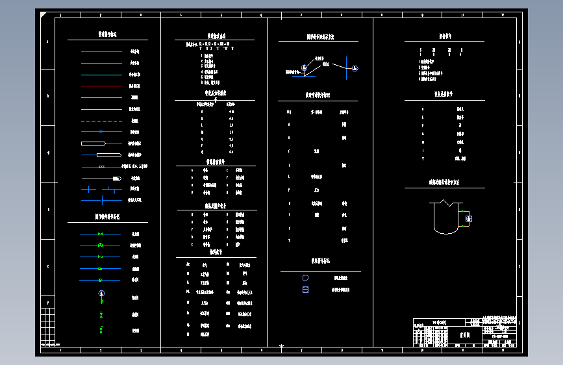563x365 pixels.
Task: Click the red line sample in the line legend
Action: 101,86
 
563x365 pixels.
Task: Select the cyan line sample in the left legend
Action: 101,75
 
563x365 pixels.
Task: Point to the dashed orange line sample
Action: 101,121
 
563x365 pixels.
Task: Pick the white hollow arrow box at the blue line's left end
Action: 93,143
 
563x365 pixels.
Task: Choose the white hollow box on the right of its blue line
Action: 109,155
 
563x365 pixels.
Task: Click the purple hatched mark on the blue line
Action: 101,166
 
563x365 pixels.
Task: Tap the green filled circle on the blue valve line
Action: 100,281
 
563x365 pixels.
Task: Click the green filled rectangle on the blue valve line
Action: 100,269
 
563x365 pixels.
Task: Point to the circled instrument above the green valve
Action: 101,294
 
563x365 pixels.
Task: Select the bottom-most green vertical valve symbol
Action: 101,330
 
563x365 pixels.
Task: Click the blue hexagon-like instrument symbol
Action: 305,278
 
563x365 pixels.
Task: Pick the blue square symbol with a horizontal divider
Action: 305,290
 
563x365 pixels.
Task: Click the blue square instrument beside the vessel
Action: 469,219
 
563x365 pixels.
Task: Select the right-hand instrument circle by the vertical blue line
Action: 355,68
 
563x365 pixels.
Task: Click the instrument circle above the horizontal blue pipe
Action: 303,68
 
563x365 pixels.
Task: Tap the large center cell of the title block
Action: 465,338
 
